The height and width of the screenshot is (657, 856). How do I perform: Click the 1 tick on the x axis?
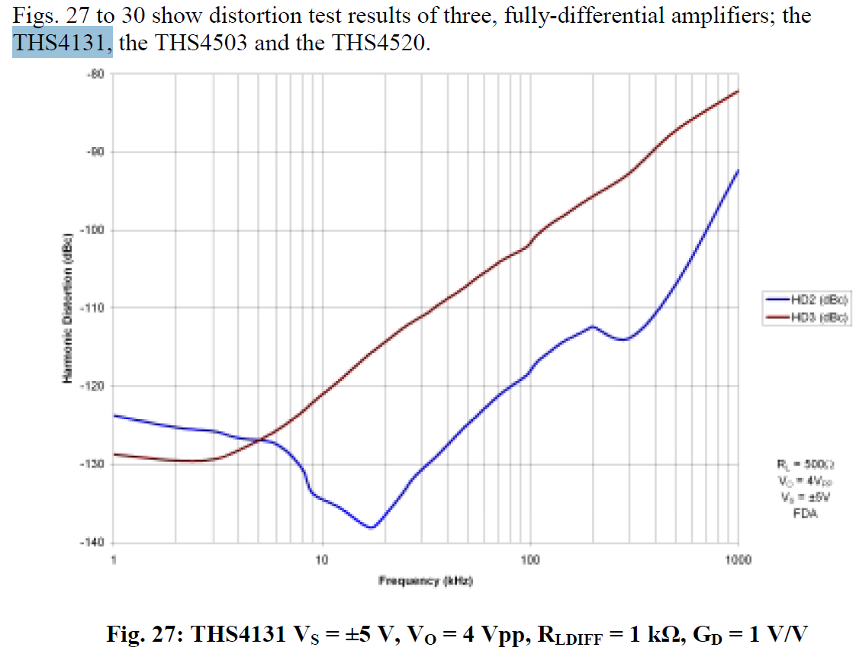[114, 560]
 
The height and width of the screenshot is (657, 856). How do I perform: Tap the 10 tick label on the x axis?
[321, 560]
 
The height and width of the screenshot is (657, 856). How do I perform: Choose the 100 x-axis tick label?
[530, 560]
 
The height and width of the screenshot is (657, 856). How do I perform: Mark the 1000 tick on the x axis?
[739, 560]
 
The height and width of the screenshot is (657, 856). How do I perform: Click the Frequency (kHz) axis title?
[426, 582]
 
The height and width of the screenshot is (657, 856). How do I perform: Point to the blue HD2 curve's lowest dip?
[372, 527]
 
